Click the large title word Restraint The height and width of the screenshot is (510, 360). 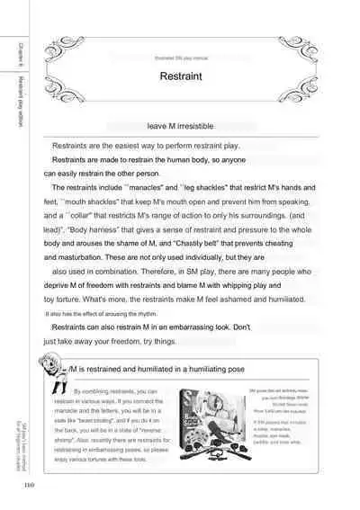click(179, 77)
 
